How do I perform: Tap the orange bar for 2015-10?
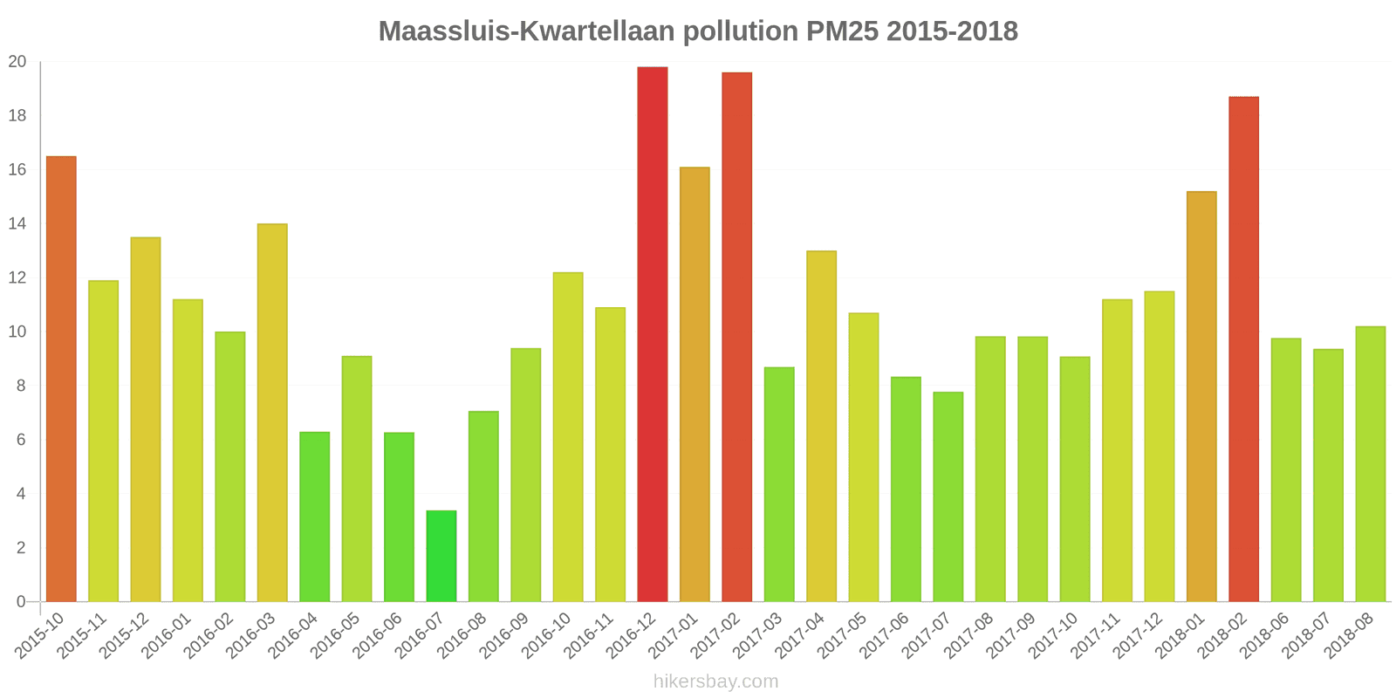pyautogui.click(x=61, y=379)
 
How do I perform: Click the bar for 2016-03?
pyautogui.click(x=272, y=413)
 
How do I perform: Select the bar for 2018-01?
pyautogui.click(x=1201, y=396)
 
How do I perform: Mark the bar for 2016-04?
pyautogui.click(x=314, y=517)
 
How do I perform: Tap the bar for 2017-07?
pyautogui.click(x=948, y=496)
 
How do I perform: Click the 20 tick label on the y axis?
pyautogui.click(x=17, y=62)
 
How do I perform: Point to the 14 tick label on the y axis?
pyautogui.click(x=17, y=224)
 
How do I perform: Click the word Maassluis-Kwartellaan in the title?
pyautogui.click(x=526, y=31)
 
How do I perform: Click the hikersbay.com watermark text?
pyautogui.click(x=715, y=681)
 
